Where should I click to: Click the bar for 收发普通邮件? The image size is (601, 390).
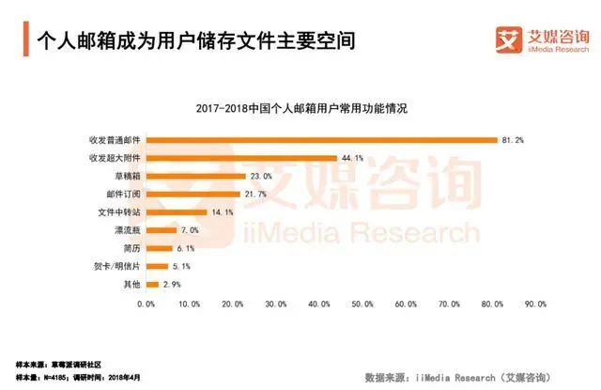coord(321,140)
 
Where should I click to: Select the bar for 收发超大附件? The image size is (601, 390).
coord(241,158)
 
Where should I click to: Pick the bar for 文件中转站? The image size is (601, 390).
coord(177,211)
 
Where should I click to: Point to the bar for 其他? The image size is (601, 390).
coord(152,283)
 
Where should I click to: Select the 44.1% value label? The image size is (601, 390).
coord(351,158)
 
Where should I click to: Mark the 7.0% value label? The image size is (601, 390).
coord(188,229)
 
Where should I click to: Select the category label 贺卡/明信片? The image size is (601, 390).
coord(116,265)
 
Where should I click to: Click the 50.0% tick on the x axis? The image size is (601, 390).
coord(362,304)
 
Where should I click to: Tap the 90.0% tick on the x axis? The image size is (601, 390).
coord(535,304)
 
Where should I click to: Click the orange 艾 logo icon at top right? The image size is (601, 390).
coord(507,40)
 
